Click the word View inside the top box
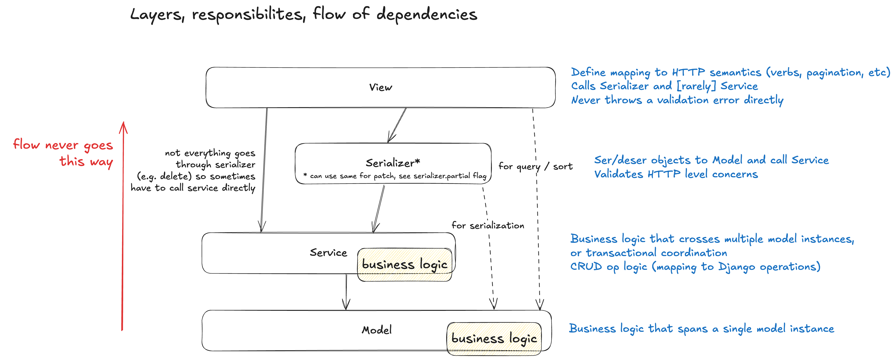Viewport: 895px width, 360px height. [381, 87]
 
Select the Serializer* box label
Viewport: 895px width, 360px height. [393, 163]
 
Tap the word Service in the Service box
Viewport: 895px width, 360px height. [328, 253]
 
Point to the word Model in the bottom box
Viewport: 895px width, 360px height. [377, 330]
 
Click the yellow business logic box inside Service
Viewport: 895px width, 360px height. [405, 265]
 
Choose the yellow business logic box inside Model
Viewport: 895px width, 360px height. [494, 339]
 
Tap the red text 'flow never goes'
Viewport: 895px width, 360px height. [63, 144]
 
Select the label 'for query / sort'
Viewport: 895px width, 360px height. [535, 166]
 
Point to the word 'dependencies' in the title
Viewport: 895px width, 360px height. [427, 15]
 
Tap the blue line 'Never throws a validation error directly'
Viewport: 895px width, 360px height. [677, 100]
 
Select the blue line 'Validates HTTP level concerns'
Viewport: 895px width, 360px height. [676, 174]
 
